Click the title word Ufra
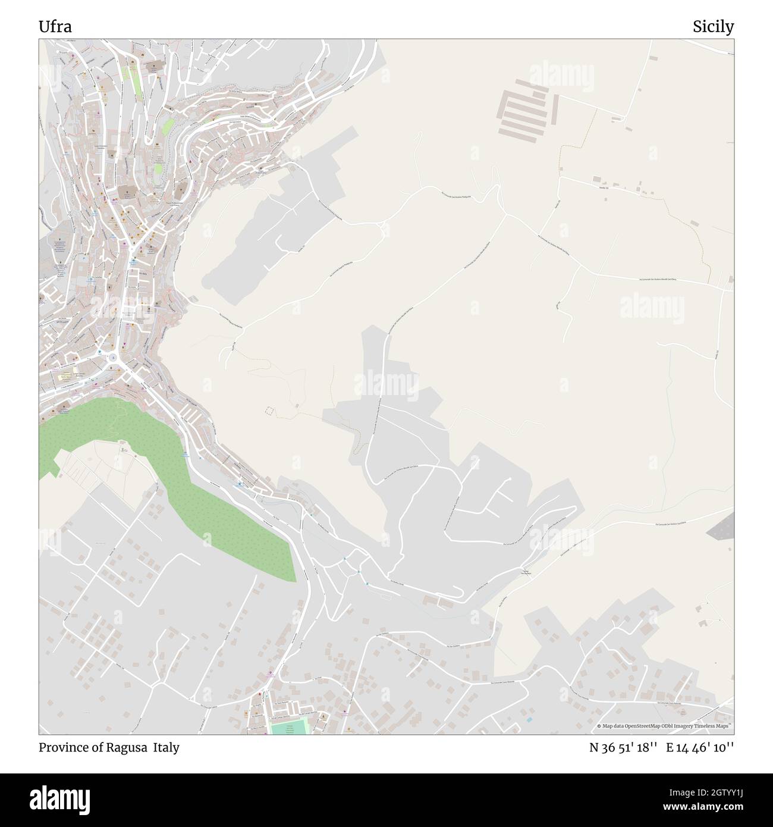[x=56, y=27]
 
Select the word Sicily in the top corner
[x=713, y=27]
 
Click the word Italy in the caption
[x=165, y=748]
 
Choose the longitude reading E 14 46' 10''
[x=700, y=748]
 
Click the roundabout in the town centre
[x=113, y=358]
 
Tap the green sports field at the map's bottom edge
[x=288, y=726]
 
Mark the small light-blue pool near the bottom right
[x=529, y=720]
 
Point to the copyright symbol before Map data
[x=599, y=726]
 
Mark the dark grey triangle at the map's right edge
[x=724, y=527]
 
